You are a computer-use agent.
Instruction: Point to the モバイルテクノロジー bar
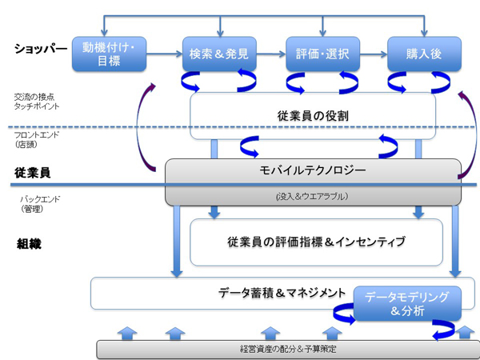pyautogui.click(x=313, y=170)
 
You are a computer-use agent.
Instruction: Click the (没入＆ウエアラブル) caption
pyautogui.click(x=313, y=195)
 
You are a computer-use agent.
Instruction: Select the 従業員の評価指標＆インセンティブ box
pyautogui.click(x=316, y=242)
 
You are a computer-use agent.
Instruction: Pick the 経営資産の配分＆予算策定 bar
pyautogui.click(x=284, y=349)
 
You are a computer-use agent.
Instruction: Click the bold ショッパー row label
pyautogui.click(x=38, y=49)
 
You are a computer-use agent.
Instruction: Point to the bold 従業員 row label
pyautogui.click(x=33, y=172)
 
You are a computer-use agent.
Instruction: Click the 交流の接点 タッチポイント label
pyautogui.click(x=36, y=100)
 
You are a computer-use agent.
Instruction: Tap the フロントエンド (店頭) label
pyautogui.click(x=35, y=140)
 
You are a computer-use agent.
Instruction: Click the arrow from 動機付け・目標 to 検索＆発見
pyautogui.click(x=163, y=54)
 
